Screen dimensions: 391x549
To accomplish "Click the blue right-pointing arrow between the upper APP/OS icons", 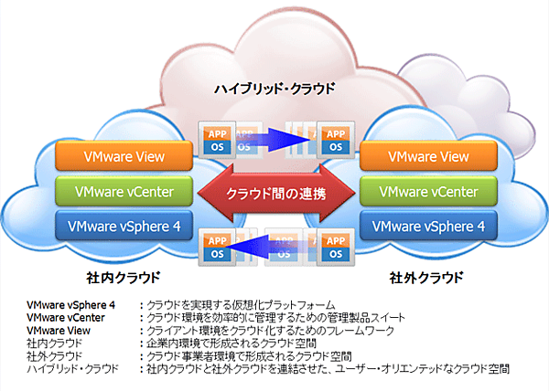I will tap(274, 139).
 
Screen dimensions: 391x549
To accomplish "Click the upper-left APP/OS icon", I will tap(214, 139).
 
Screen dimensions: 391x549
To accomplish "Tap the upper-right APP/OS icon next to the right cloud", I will tap(335, 139).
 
